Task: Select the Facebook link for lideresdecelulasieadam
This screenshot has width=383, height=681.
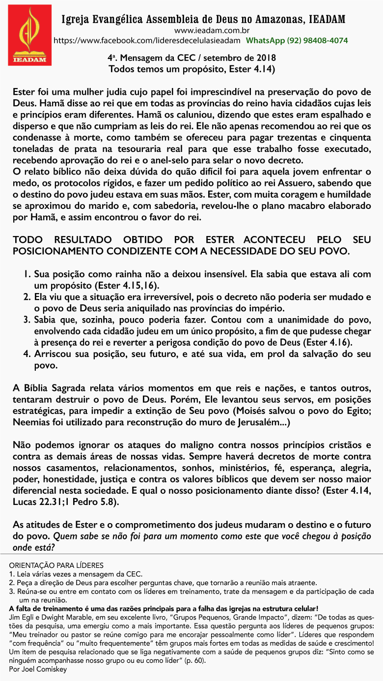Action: [x=146, y=40]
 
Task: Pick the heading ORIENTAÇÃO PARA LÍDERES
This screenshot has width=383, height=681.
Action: [x=56, y=565]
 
